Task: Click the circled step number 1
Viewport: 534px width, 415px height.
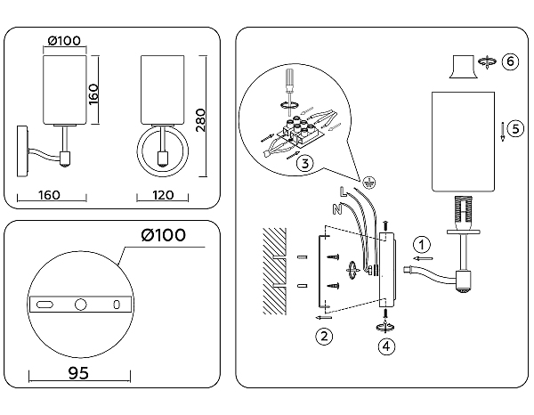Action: click(423, 242)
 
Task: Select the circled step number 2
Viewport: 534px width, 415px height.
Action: click(325, 336)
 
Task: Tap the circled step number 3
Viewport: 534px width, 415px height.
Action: click(304, 163)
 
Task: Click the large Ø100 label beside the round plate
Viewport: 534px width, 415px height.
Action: click(164, 234)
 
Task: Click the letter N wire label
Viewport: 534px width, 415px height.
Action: click(335, 211)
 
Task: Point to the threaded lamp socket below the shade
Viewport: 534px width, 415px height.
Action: click(462, 210)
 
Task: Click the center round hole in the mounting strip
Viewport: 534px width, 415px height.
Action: click(79, 305)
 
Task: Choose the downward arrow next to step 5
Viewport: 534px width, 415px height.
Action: click(503, 131)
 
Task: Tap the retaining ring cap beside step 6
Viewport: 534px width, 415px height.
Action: click(462, 68)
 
